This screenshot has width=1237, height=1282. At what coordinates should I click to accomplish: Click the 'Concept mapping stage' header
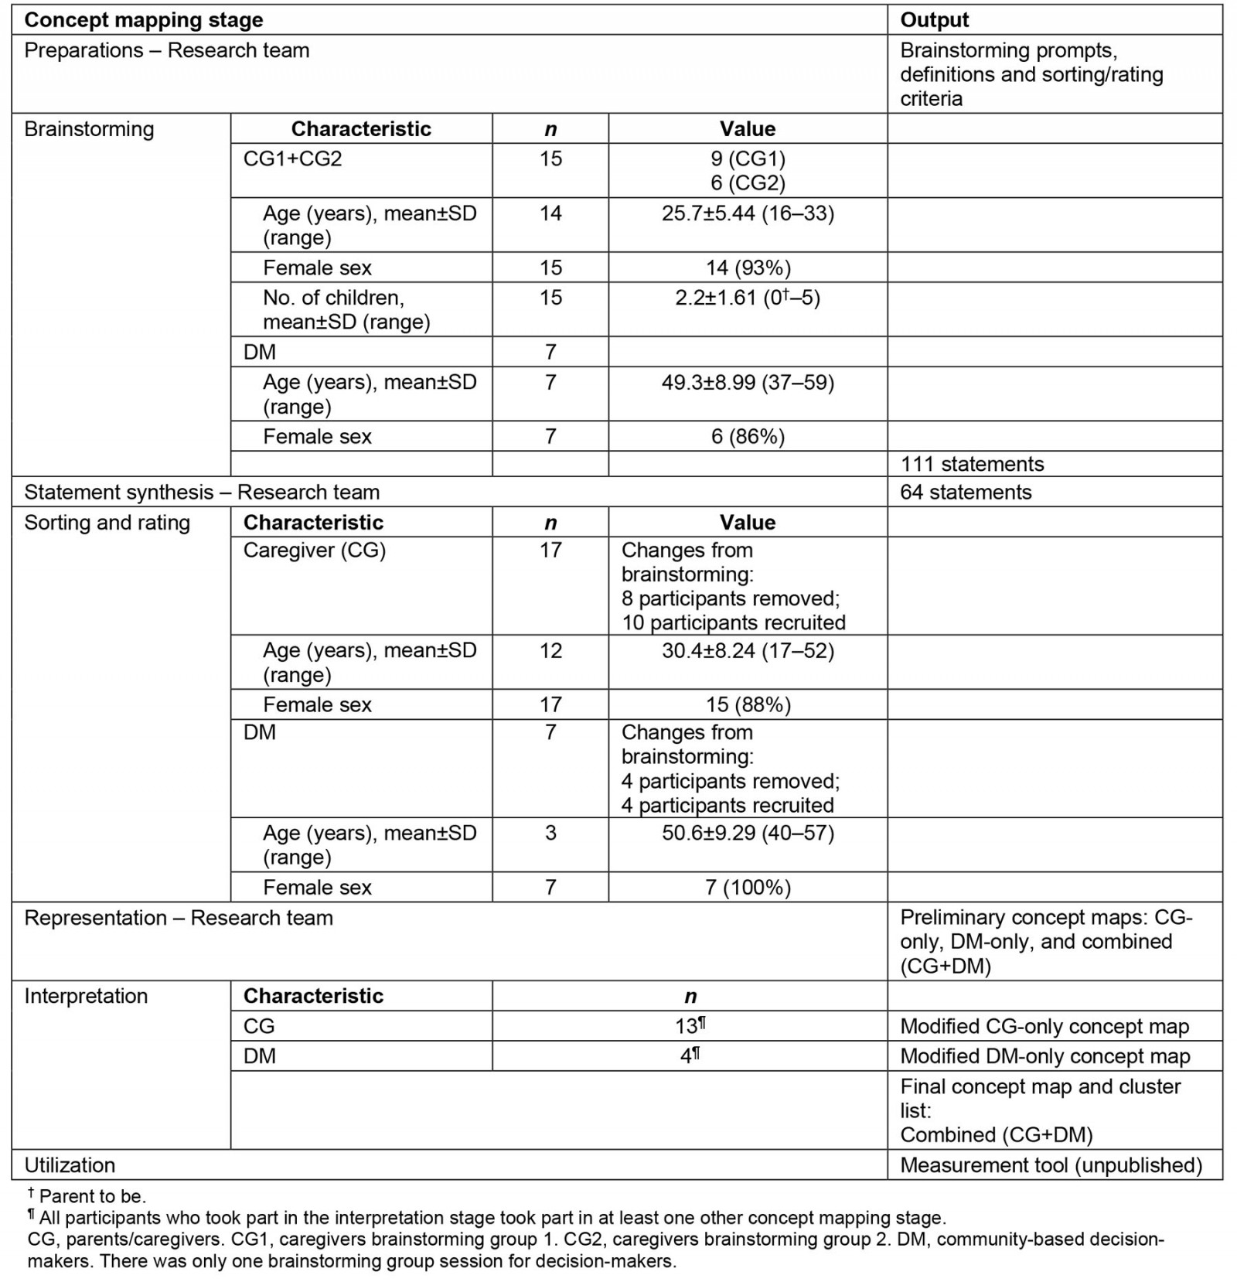tap(144, 20)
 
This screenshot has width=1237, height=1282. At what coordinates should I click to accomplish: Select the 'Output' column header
tap(934, 20)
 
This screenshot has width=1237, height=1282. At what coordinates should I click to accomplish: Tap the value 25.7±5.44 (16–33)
tap(747, 213)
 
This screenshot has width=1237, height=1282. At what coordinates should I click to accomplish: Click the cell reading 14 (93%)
tap(747, 268)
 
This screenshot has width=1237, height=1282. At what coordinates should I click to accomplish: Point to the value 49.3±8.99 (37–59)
tap(747, 383)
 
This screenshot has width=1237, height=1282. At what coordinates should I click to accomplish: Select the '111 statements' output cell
tap(972, 464)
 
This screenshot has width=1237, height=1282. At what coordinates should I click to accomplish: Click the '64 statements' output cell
tap(966, 493)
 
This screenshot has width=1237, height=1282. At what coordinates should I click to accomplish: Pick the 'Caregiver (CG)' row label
tap(314, 551)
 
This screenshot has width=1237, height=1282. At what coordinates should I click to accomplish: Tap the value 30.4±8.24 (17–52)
tap(747, 651)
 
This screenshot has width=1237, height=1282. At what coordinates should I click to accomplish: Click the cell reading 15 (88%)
tap(747, 704)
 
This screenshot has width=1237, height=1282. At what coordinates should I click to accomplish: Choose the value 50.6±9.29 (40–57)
tap(747, 834)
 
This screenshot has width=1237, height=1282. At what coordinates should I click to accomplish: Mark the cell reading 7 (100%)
tap(747, 887)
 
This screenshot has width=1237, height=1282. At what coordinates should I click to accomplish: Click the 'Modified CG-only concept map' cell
tap(1044, 1027)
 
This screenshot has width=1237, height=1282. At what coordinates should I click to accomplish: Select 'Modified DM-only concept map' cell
tap(1044, 1056)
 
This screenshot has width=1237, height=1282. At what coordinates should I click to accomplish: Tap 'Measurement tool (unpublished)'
tap(1051, 1165)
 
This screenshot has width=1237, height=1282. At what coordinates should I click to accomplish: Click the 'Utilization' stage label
tap(70, 1165)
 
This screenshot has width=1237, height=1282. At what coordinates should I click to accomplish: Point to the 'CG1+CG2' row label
tap(292, 159)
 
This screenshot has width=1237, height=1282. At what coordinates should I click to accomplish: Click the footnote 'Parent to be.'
tap(92, 1196)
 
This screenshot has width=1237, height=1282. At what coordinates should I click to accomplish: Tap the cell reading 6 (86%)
tap(747, 437)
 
